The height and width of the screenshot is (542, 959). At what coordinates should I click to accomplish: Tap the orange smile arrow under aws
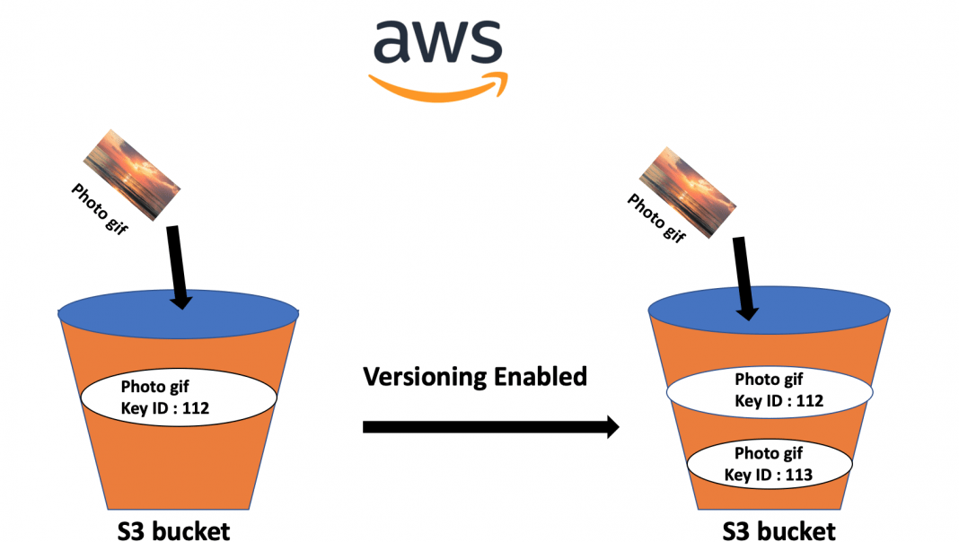pos(437,86)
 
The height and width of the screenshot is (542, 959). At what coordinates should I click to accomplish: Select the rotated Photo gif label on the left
pos(99,208)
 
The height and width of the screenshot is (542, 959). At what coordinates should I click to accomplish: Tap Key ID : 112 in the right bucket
pos(779,400)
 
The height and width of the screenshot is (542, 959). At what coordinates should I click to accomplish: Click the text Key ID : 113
pos(768,475)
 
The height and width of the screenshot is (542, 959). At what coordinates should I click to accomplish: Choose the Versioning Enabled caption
pos(475,376)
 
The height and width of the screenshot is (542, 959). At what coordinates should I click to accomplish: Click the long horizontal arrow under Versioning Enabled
pos(490,427)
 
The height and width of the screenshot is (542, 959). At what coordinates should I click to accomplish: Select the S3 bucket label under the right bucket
pos(779,530)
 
